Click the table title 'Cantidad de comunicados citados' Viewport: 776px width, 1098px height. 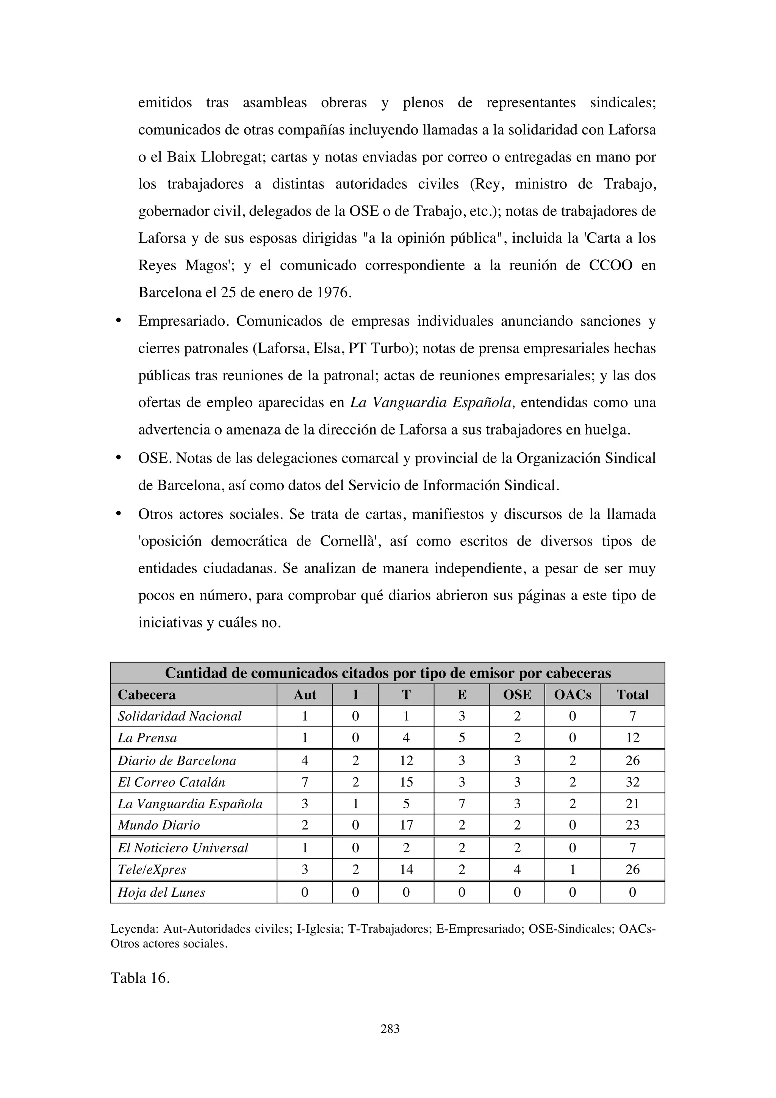coord(388,673)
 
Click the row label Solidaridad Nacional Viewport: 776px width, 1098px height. coord(180,716)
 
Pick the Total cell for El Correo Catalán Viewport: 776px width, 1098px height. coord(632,783)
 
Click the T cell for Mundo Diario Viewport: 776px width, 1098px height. coord(406,825)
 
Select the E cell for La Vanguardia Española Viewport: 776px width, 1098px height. coord(462,804)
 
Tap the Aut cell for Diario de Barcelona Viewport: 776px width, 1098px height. coord(305,761)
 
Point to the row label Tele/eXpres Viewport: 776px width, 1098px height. coord(152,869)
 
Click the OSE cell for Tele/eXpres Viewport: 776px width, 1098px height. coord(517,869)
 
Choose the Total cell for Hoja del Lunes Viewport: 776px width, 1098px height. coord(632,893)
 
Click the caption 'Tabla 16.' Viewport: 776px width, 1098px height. coord(140,977)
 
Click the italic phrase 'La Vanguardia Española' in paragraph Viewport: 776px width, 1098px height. coord(432,403)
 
